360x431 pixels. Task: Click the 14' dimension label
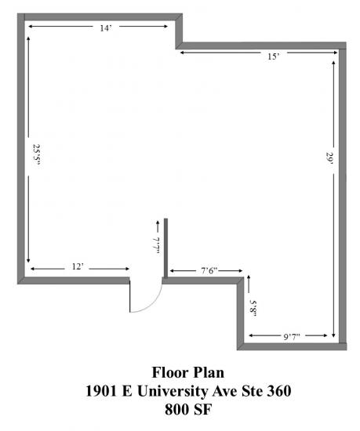tap(106, 28)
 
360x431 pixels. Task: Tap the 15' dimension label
tap(274, 56)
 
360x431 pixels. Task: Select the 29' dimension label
tap(329, 158)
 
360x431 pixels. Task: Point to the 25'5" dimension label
tap(37, 155)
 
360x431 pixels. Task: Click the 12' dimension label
tap(78, 266)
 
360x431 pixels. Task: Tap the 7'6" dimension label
tap(209, 271)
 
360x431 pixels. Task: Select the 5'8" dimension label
tap(253, 310)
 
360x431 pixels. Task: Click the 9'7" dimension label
tap(292, 336)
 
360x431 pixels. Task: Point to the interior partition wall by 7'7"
tap(165, 248)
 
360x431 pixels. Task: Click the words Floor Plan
tap(188, 373)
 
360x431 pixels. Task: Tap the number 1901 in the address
tap(101, 391)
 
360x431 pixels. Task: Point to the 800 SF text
tap(188, 409)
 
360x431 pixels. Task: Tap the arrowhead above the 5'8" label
tap(249, 277)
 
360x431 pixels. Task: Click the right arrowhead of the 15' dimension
tap(336, 53)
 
